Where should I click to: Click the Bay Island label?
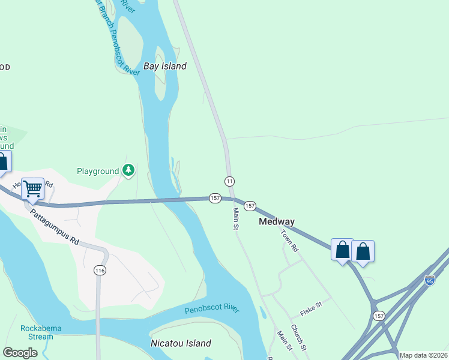click(165, 66)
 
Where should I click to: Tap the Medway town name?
click(277, 221)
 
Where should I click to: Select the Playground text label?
click(98, 171)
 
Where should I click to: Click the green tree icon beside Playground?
click(128, 171)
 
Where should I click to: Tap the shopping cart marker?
click(33, 188)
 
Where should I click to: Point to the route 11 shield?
click(229, 181)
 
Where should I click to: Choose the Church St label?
click(299, 338)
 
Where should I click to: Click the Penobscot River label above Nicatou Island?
click(212, 309)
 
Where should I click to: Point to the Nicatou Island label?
click(180, 343)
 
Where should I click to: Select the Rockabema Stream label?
click(37, 332)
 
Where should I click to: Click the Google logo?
click(20, 353)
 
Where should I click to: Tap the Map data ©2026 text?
click(423, 355)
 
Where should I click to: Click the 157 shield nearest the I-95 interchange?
click(379, 316)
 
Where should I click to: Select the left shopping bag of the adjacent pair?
click(342, 250)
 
